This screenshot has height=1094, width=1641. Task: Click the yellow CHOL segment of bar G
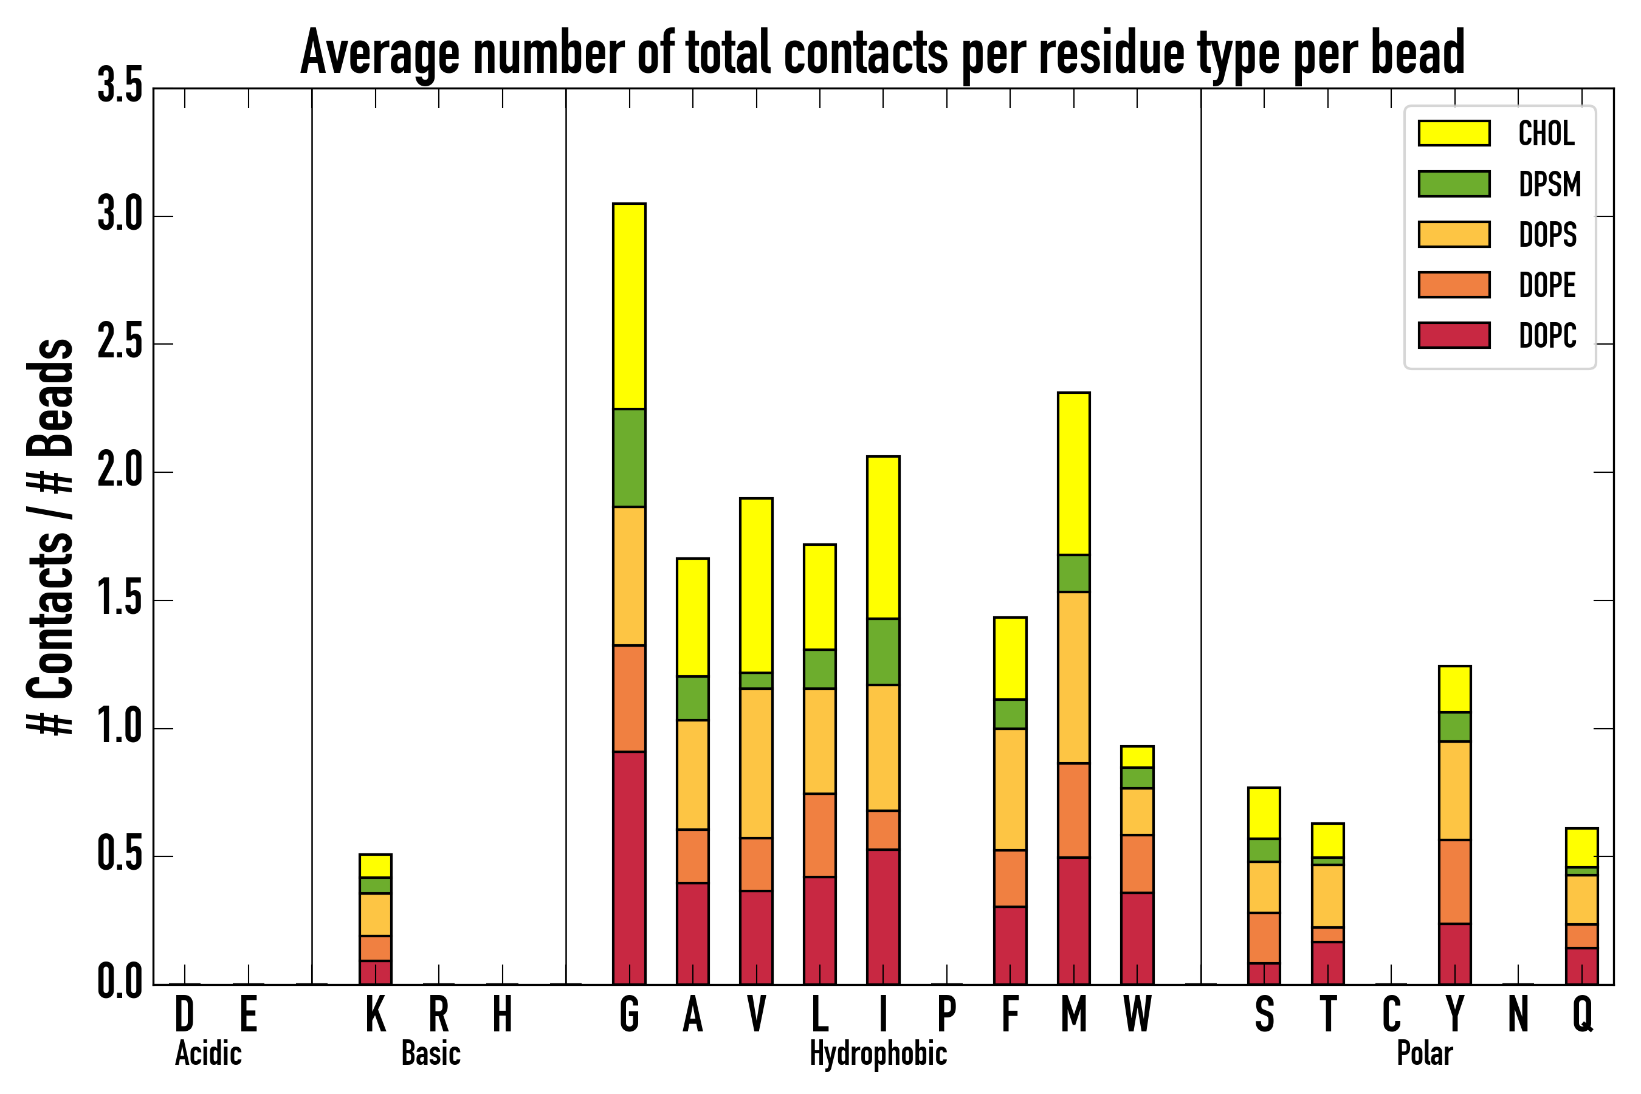[x=628, y=306]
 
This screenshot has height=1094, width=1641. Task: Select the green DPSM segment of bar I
[x=882, y=651]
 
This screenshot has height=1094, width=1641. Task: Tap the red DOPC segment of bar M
[x=1073, y=920]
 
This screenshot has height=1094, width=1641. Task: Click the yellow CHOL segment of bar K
[x=376, y=865]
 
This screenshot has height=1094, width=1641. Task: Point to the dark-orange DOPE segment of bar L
[x=819, y=834]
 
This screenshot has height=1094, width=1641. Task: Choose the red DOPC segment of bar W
[x=1137, y=938]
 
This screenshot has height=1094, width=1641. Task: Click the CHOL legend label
[x=1546, y=133]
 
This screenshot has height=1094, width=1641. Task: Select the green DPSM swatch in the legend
[x=1454, y=184]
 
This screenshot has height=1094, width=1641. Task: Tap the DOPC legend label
[x=1547, y=335]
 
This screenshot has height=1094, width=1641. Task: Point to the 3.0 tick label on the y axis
[x=120, y=216]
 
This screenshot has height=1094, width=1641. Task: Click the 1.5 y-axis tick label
[x=120, y=600]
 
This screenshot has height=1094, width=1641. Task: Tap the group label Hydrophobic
[x=878, y=1053]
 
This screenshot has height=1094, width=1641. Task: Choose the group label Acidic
[x=208, y=1053]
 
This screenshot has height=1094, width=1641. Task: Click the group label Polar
[x=1424, y=1053]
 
